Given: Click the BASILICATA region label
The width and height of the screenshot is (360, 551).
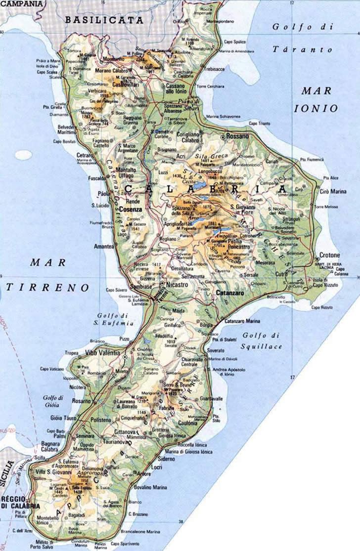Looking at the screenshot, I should pyautogui.click(x=104, y=21).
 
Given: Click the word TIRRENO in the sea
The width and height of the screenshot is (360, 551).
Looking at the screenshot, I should pyautogui.click(x=48, y=288).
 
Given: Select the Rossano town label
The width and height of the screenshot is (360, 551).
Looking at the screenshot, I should pyautogui.click(x=240, y=135).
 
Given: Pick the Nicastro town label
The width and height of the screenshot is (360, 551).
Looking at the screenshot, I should pyautogui.click(x=180, y=285).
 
